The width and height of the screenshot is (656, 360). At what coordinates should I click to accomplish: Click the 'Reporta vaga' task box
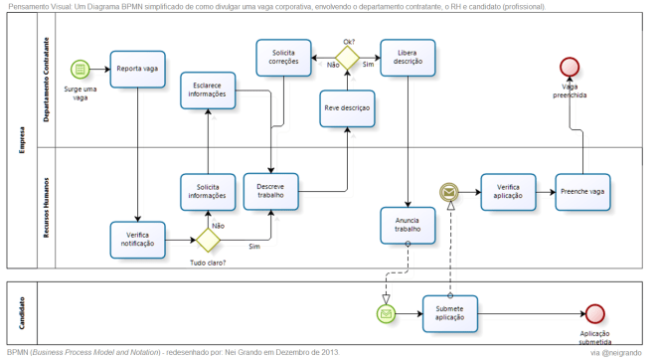coord(136,70)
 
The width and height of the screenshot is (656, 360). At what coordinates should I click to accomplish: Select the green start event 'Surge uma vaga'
coord(80,70)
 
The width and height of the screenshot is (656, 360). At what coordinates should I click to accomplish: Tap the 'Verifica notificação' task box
coord(136,240)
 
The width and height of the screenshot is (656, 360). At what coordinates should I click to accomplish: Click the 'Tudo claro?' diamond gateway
coord(208,240)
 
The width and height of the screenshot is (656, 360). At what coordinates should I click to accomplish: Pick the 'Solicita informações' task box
coord(207,191)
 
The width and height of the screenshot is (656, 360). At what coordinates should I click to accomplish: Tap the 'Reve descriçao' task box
coord(348,108)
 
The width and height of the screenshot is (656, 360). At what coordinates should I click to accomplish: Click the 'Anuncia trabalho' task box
coord(409,224)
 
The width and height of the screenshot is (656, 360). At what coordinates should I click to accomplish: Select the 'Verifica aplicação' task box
coord(508,191)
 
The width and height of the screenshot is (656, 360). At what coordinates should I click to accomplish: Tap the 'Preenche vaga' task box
coord(583,191)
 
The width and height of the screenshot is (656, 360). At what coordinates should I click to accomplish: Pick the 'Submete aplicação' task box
coord(450,313)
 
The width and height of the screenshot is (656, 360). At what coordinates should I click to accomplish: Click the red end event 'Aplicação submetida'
coord(594,313)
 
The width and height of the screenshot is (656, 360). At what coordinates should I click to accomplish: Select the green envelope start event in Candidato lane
coord(386,313)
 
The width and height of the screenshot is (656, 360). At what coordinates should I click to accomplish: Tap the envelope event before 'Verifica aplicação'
coord(449,192)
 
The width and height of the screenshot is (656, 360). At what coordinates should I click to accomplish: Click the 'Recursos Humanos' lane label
coord(45,207)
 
